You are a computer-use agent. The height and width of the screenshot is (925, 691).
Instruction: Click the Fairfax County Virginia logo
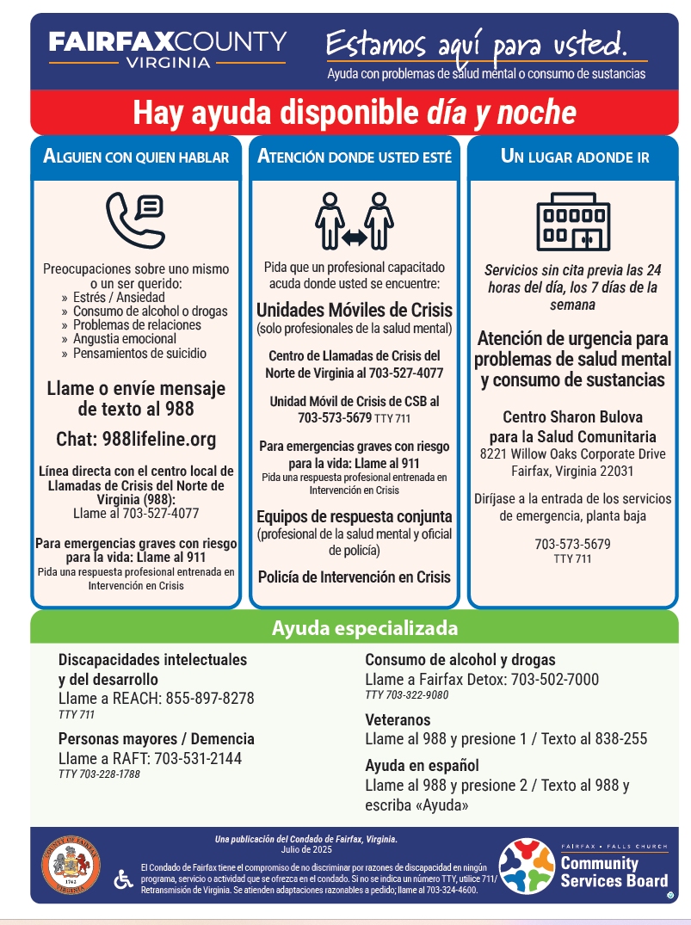coord(167,50)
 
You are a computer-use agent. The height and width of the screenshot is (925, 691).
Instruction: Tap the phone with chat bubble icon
coord(135,219)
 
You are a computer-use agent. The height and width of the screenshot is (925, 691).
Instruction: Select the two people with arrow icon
coord(354,221)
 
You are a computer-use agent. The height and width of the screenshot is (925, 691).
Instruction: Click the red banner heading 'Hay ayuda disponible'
coord(354,113)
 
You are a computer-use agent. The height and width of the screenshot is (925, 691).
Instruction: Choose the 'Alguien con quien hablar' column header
coord(136,157)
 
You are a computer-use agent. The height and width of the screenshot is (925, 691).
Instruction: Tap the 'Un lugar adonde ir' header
coord(574,157)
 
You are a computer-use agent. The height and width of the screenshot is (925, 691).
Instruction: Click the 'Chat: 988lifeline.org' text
coord(136,440)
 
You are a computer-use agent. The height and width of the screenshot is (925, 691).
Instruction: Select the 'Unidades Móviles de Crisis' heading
coord(354,311)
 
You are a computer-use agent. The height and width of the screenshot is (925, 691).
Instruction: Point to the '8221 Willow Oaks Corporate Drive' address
coord(572,453)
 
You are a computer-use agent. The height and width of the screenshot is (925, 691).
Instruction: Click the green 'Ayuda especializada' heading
coord(365,628)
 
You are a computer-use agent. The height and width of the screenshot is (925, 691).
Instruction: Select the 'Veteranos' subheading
coord(398,719)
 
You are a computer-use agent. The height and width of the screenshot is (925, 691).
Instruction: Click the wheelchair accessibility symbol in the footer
coord(123,879)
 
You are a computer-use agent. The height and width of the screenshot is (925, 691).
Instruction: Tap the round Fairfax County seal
coord(71,867)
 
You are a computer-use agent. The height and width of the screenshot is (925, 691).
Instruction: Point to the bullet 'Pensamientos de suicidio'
coord(139,353)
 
